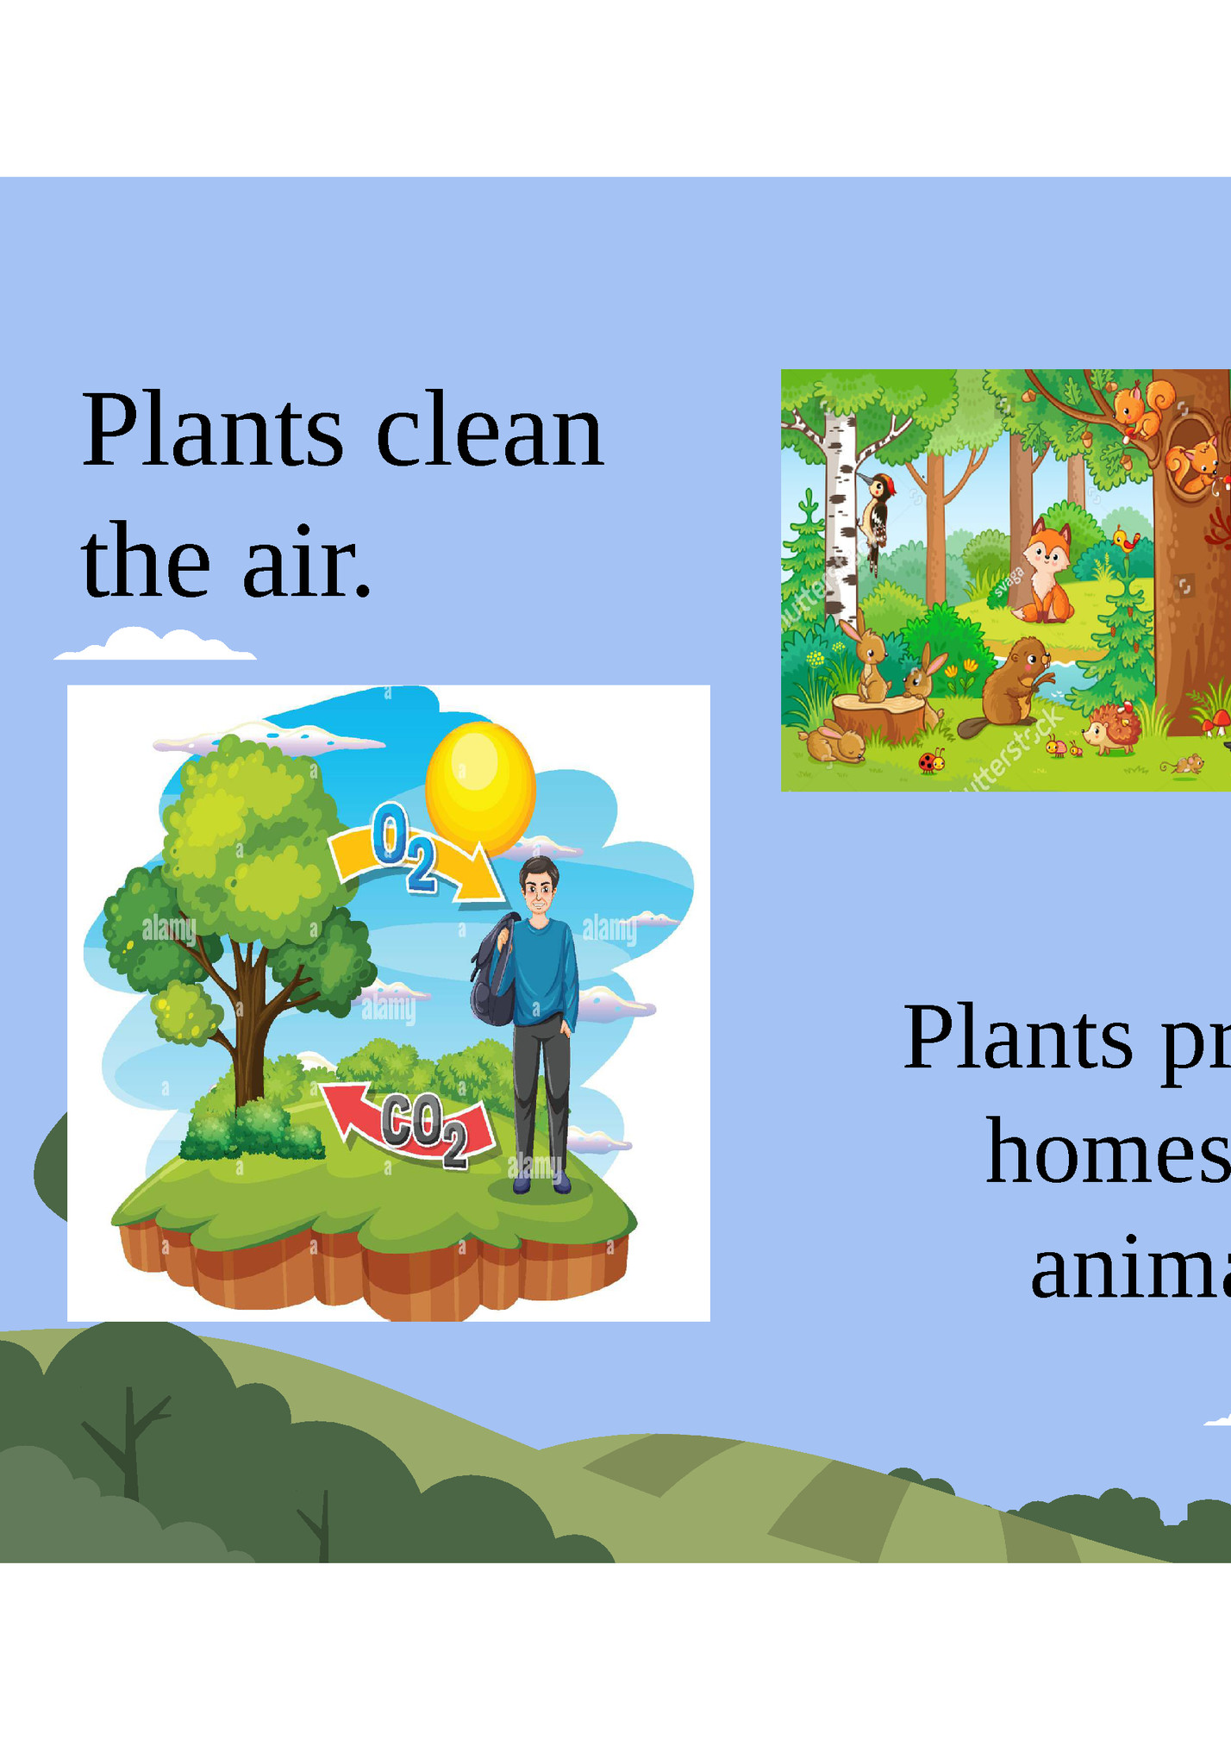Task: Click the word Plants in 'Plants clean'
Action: coord(212,430)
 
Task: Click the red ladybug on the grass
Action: coord(931,760)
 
